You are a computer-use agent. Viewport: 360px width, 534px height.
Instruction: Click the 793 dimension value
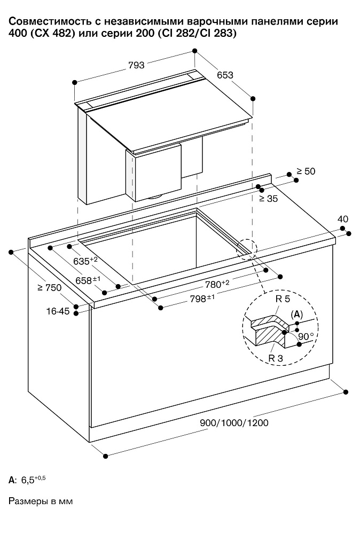136,65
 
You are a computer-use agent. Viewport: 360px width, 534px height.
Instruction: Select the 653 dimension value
225,75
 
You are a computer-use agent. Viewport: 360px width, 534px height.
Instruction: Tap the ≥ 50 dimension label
306,171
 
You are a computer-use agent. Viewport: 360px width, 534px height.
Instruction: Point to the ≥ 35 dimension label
269,199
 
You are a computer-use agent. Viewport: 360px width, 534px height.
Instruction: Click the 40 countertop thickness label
343,219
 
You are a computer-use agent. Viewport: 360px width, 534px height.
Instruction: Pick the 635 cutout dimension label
85,261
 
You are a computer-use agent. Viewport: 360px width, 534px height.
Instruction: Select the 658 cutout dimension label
88,280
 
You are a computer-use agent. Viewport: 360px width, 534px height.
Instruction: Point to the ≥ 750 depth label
49,288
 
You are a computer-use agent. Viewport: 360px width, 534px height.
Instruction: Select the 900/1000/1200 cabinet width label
234,423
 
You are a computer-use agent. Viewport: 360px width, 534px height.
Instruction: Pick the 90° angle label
306,336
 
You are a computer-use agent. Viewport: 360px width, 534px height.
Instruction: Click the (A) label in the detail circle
297,315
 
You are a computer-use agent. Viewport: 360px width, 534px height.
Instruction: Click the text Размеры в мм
40,501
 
